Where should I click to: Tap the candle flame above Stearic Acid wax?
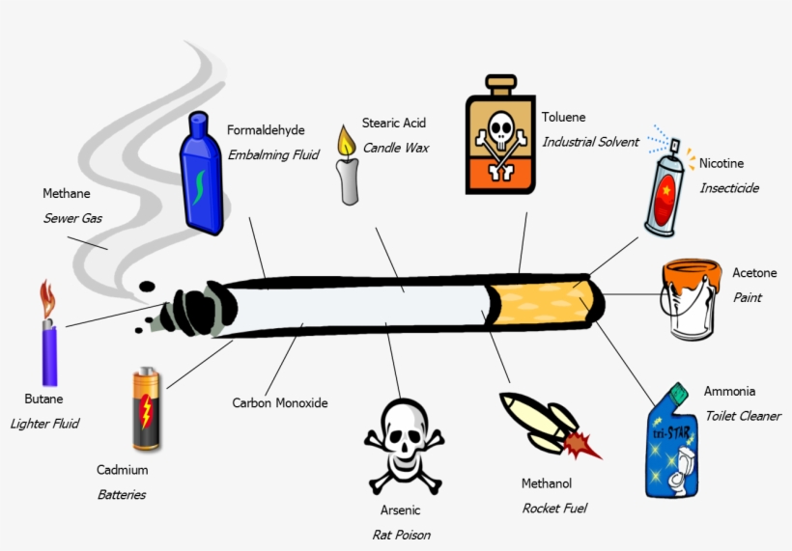point(345,142)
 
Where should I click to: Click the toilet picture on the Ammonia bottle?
point(687,466)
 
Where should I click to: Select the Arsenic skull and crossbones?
point(404,443)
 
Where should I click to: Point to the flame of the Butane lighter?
point(45,297)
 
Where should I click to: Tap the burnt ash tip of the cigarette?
point(198,312)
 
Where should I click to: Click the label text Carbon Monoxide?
point(280,402)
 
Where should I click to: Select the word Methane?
point(66,194)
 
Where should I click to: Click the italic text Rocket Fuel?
point(554,508)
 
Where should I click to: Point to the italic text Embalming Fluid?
point(273,153)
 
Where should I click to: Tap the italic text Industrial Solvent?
point(590,142)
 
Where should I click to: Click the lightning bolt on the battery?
point(146,413)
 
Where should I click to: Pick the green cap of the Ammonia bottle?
point(677,393)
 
